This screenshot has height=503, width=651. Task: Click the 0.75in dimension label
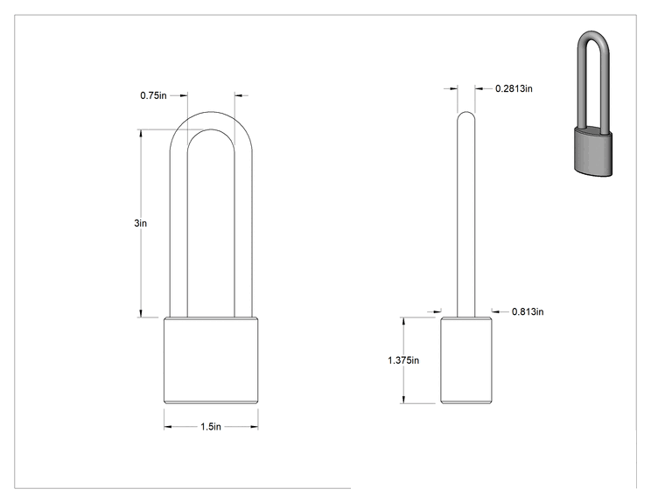tap(153, 95)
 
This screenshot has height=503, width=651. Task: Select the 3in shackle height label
tap(140, 223)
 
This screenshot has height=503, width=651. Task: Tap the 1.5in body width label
tap(211, 427)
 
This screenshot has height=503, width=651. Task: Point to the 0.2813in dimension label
tap(514, 88)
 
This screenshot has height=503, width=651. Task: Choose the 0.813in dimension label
tap(528, 311)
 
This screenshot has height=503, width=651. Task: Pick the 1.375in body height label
tap(403, 360)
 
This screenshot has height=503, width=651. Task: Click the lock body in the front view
tap(211, 360)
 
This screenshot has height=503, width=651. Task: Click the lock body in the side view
tap(466, 360)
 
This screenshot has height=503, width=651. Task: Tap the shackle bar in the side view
tap(466, 214)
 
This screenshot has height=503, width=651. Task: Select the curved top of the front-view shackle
tap(211, 121)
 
